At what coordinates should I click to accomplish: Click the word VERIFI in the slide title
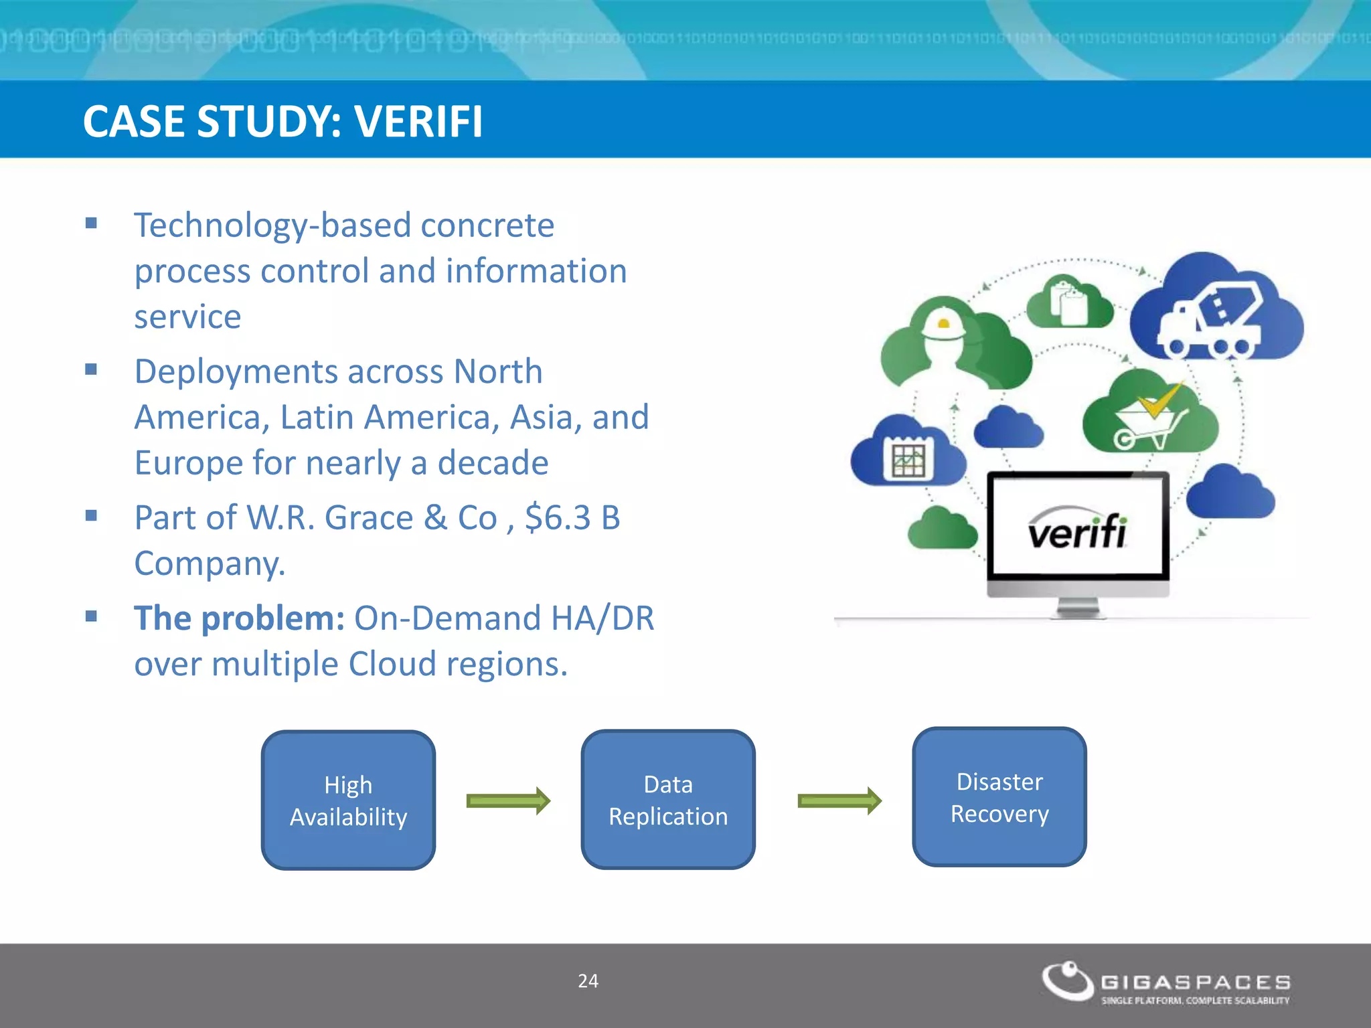tap(418, 122)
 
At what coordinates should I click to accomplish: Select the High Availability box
tap(348, 800)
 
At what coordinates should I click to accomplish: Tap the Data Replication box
tap(668, 800)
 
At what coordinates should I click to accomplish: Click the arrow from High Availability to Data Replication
tap(508, 800)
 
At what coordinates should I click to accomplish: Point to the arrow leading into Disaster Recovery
tap(839, 800)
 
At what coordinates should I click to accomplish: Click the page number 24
tap(588, 981)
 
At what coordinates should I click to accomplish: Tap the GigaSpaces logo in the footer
tap(1165, 982)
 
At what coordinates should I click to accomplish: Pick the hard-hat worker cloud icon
tap(951, 345)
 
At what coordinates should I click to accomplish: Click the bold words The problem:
tap(239, 618)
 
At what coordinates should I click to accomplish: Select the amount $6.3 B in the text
tap(572, 518)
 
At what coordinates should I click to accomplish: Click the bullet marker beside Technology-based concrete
tap(92, 224)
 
